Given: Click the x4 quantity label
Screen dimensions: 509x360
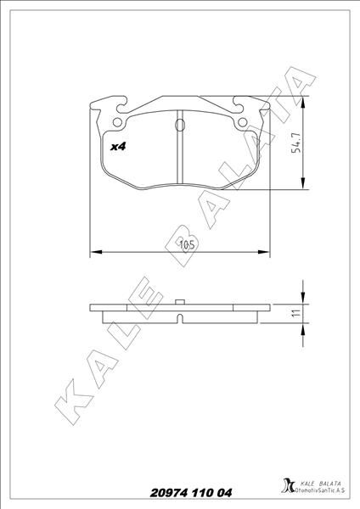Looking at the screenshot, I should [x=119, y=146].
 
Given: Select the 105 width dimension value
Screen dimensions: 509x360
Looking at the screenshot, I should [x=188, y=245].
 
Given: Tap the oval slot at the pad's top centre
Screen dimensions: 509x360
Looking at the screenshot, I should [x=179, y=125].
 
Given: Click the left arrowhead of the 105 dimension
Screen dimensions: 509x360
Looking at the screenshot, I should [x=95, y=252].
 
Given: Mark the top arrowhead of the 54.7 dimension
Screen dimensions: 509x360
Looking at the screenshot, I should [x=303, y=101].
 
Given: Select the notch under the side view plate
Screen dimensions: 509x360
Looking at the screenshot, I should [x=180, y=320].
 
